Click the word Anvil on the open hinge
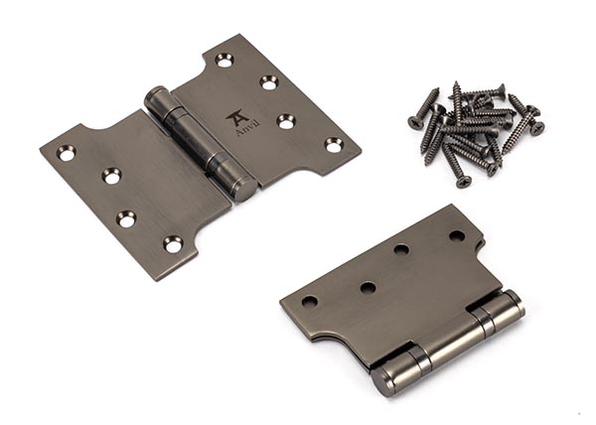242,130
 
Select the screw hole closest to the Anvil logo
286,121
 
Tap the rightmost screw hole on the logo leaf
334,145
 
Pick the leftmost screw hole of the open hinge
67,152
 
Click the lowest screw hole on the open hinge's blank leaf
173,244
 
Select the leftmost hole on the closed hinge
310,301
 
